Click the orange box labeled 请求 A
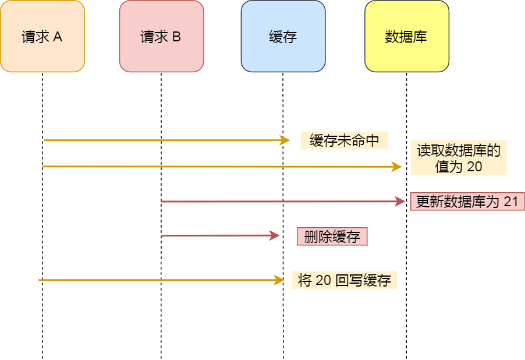[x=42, y=36]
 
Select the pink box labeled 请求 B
[x=161, y=36]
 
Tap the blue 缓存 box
[x=283, y=36]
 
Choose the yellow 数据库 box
[x=406, y=36]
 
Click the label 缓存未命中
[x=344, y=140]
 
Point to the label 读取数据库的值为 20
[x=459, y=158]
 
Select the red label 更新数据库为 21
[x=467, y=202]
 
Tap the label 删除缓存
[x=332, y=236]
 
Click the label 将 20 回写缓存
[x=344, y=280]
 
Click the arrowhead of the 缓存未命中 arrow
[x=285, y=140]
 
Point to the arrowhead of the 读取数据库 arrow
[x=397, y=167]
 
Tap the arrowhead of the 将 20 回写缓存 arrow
[x=278, y=280]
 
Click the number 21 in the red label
[x=510, y=202]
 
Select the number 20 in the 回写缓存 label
[x=323, y=280]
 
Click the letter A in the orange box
[x=58, y=37]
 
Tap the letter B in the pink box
[x=176, y=37]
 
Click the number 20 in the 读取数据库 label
[x=474, y=167]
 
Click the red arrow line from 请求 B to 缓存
[x=215, y=236]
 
